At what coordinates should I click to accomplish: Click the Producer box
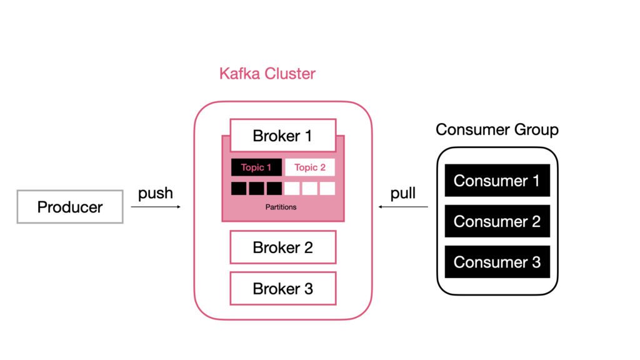[70, 207]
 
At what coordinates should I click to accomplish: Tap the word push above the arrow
[156, 193]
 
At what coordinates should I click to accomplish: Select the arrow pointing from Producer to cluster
[156, 206]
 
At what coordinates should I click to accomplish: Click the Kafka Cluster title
[267, 74]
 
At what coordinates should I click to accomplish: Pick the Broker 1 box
[282, 136]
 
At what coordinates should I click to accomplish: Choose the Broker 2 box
[282, 247]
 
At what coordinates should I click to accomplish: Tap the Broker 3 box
[282, 289]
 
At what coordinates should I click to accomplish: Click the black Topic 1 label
[256, 167]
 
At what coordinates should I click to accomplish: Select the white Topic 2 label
[310, 167]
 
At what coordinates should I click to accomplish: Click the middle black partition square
[256, 188]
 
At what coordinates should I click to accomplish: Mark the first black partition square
[239, 188]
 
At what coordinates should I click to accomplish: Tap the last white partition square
[327, 188]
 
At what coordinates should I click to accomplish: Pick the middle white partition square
[310, 188]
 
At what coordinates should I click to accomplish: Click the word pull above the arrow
[403, 193]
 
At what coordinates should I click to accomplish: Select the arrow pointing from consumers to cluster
[403, 206]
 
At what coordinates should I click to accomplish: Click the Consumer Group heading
[497, 130]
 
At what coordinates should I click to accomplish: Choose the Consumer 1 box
[497, 181]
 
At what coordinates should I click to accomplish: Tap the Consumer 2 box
[497, 221]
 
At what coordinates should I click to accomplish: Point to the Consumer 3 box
[497, 262]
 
